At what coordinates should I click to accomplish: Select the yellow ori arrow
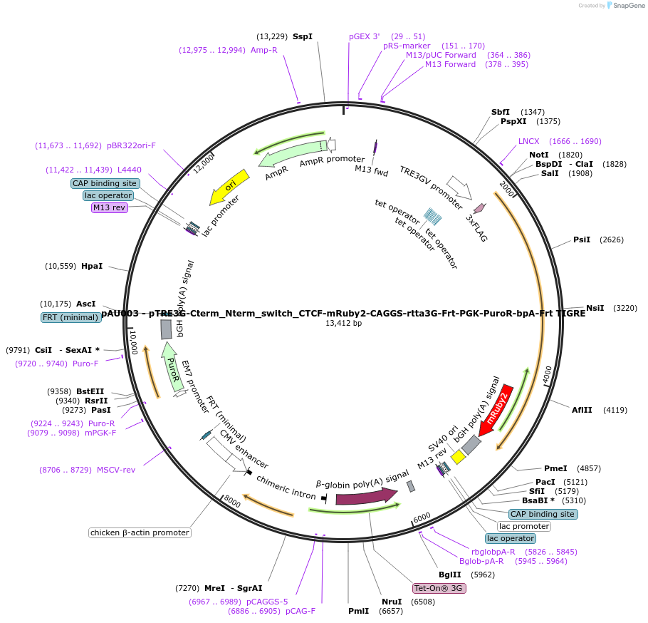tap(229, 187)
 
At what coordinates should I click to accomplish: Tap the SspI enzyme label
tap(303, 36)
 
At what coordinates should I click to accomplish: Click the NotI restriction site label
tap(539, 155)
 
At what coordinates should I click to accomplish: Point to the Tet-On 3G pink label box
tap(439, 588)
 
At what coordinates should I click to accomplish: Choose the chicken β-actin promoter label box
tap(140, 532)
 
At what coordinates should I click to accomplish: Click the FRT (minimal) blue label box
tap(70, 317)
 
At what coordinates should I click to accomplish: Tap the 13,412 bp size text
tap(344, 323)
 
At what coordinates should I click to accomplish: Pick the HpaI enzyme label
tap(92, 266)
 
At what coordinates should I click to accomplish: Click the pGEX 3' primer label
tap(365, 36)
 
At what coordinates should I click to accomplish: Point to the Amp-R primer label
tap(263, 50)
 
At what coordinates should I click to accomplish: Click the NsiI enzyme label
tap(595, 308)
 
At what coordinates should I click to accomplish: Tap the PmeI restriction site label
tap(555, 468)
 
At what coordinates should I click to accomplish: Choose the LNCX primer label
tap(528, 141)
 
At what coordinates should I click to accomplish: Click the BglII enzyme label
tap(450, 574)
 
